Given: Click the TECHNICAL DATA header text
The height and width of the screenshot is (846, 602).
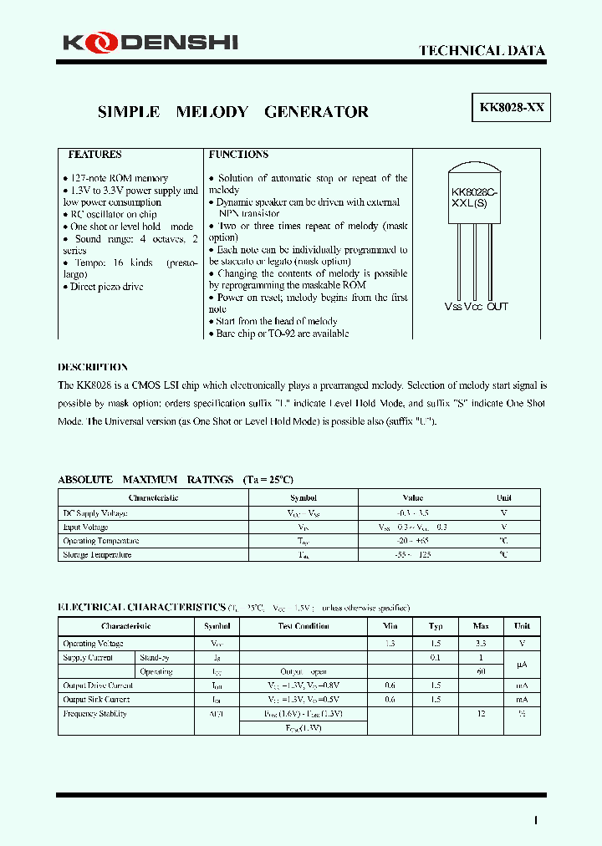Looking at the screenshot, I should click(x=482, y=51).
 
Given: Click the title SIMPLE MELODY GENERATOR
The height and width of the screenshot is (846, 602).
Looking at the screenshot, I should click(x=233, y=112).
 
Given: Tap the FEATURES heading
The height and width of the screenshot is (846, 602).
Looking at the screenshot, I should click(x=94, y=155).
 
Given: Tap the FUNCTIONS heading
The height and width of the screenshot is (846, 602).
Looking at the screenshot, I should click(x=238, y=155).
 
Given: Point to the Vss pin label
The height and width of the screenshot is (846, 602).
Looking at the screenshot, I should click(x=452, y=307).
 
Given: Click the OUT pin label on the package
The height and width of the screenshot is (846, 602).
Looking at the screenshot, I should click(x=497, y=307).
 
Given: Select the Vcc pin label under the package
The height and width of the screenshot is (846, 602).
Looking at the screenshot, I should click(x=474, y=307).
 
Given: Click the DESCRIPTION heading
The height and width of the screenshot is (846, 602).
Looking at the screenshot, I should click(x=93, y=367).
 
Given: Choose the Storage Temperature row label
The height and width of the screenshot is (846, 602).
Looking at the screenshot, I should click(x=97, y=555).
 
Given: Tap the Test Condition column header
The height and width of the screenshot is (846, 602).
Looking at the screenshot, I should click(x=304, y=626).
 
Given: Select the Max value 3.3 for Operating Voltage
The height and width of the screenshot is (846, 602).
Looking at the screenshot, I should click(x=480, y=644).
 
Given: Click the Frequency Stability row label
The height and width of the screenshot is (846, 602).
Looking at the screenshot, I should click(x=94, y=714).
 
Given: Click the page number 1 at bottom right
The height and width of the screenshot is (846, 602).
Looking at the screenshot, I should click(x=535, y=820).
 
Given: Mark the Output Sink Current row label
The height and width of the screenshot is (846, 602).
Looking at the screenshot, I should click(x=96, y=699).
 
